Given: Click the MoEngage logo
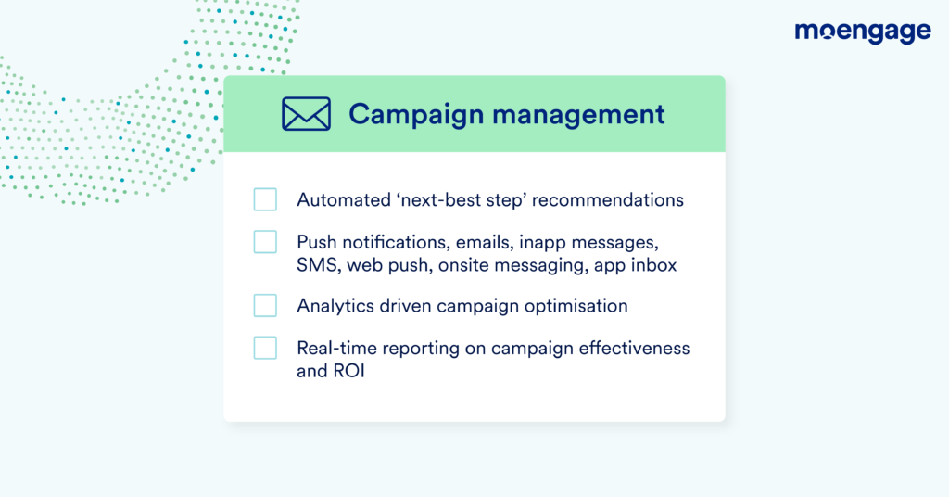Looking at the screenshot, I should [x=862, y=32].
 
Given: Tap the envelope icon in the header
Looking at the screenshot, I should [x=306, y=114].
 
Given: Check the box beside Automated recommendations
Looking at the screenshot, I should [x=265, y=199].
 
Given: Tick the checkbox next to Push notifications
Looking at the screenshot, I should [x=265, y=241].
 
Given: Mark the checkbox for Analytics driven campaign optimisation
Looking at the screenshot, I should [x=265, y=305].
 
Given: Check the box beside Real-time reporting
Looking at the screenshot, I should [x=265, y=348].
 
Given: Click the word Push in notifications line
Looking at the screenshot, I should [x=316, y=242].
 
